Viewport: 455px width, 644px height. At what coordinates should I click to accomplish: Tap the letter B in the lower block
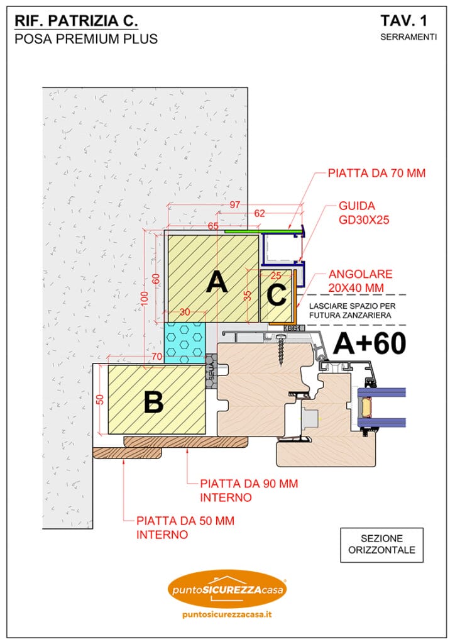(153, 402)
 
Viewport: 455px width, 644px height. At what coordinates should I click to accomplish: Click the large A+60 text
(369, 343)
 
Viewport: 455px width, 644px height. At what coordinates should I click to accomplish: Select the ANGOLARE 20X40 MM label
(360, 280)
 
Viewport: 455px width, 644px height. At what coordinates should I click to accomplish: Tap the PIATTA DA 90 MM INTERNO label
(249, 491)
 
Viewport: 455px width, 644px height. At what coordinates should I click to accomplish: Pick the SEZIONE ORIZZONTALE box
(381, 545)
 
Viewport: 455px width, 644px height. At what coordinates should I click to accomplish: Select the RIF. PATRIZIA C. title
(76, 21)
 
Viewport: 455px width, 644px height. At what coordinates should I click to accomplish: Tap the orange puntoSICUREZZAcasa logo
(227, 590)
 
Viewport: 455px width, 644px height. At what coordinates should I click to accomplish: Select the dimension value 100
(144, 297)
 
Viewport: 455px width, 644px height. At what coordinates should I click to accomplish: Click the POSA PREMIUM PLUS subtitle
(85, 39)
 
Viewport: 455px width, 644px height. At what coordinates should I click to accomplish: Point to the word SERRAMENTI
(408, 37)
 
